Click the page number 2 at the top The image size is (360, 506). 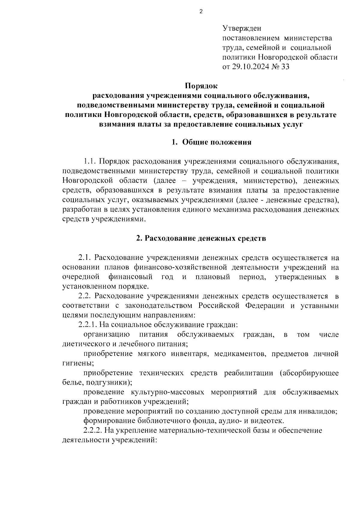click(x=201, y=12)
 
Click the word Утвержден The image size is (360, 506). click(x=242, y=29)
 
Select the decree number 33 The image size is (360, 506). click(x=285, y=67)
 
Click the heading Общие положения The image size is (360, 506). click(x=217, y=142)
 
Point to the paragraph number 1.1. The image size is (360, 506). click(x=89, y=162)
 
